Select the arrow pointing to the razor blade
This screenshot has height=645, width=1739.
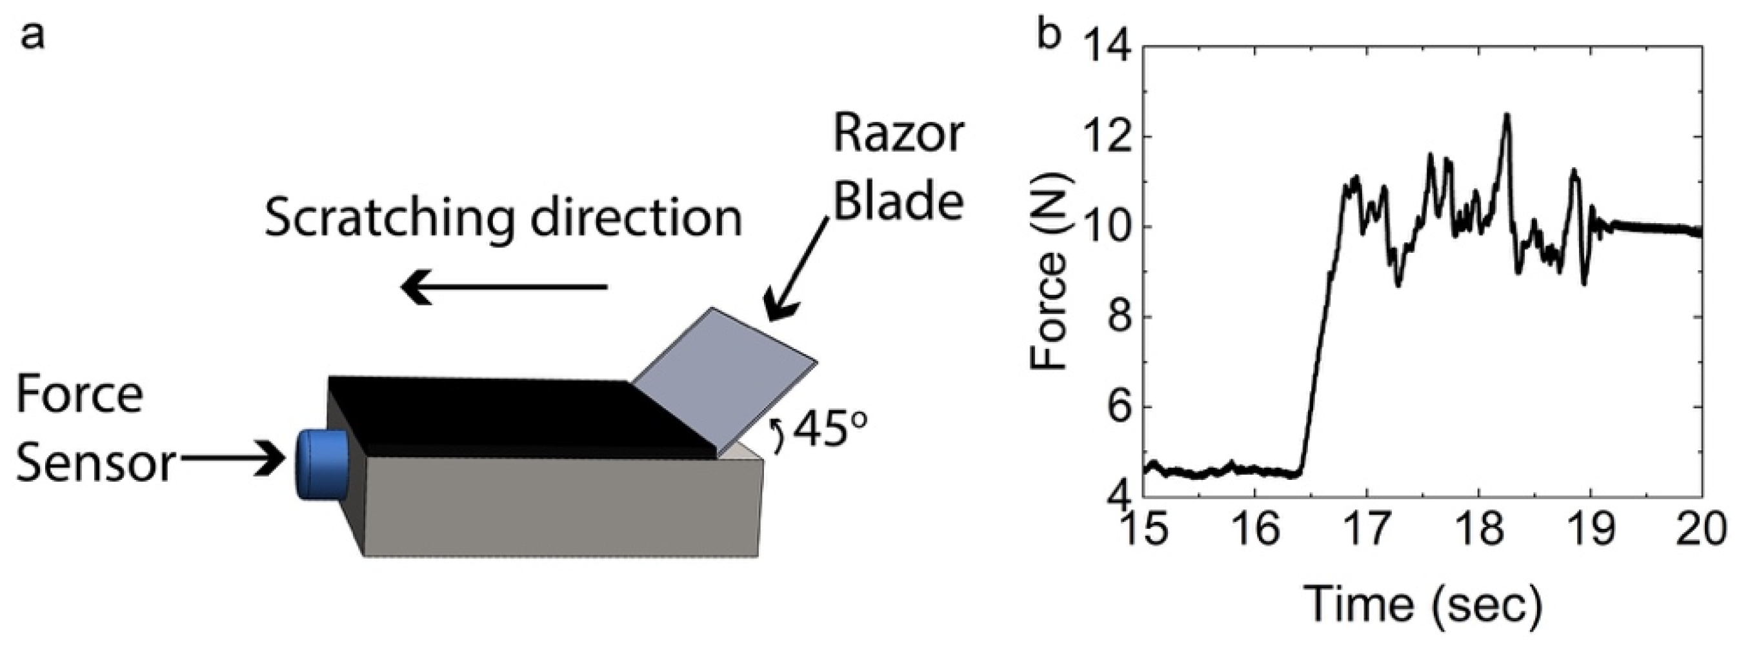point(797,270)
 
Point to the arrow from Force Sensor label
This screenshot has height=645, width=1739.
point(233,459)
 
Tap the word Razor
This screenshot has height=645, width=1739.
point(898,135)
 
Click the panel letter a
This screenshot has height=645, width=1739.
point(32,35)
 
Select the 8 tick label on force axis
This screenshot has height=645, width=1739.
point(1116,317)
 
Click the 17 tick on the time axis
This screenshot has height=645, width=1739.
point(1367,529)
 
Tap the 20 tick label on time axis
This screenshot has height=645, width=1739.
point(1701,529)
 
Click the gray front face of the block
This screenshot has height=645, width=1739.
point(560,506)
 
